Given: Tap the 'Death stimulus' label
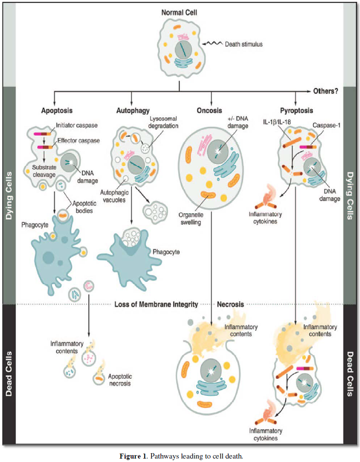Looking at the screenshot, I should [x=243, y=44].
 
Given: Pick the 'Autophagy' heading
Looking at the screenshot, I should [x=132, y=111].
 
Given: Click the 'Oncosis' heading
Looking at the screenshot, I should [x=210, y=111].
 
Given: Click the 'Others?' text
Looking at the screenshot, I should [x=326, y=92].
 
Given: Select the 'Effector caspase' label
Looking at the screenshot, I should [x=79, y=141].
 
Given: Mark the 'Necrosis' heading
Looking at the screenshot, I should [x=230, y=304].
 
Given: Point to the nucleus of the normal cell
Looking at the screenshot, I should [x=183, y=49].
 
